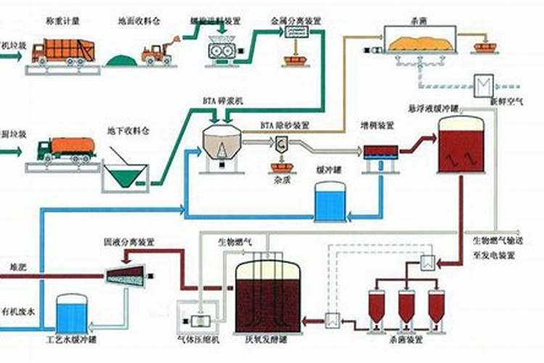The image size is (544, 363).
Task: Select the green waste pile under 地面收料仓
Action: (122, 58)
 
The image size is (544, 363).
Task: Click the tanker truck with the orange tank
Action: (67, 148)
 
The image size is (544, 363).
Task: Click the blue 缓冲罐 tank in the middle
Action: (330, 201)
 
